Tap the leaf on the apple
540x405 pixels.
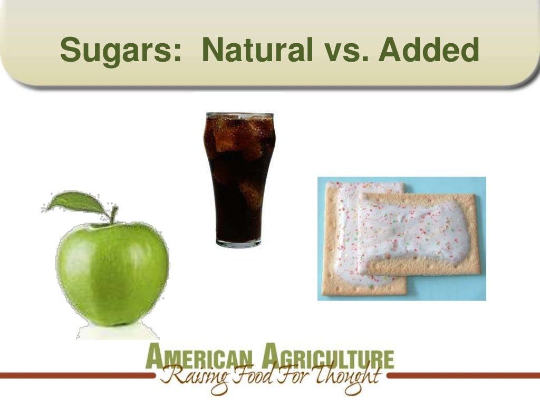pos(76,202)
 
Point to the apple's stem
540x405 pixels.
pos(113,215)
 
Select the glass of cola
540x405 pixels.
pos(239,179)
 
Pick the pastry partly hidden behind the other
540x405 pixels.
pos(343,237)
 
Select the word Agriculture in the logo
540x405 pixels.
pos(327,358)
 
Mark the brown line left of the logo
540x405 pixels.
pos(74,376)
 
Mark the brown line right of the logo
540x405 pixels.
pos(464,376)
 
